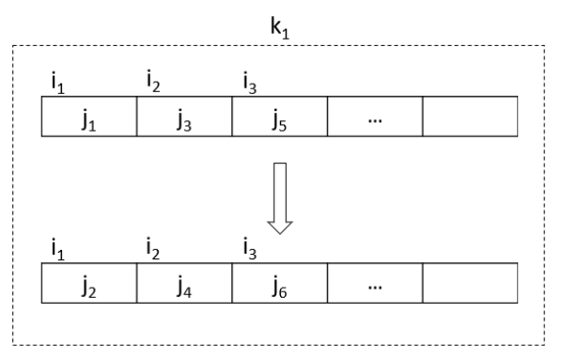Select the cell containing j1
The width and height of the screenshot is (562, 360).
90,118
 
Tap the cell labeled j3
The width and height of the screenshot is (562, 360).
185,118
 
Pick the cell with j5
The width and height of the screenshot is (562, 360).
280,118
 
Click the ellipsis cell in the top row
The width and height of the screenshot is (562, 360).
375,118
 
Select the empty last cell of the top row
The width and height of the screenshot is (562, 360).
470,118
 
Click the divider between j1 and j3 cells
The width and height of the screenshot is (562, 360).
137,118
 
